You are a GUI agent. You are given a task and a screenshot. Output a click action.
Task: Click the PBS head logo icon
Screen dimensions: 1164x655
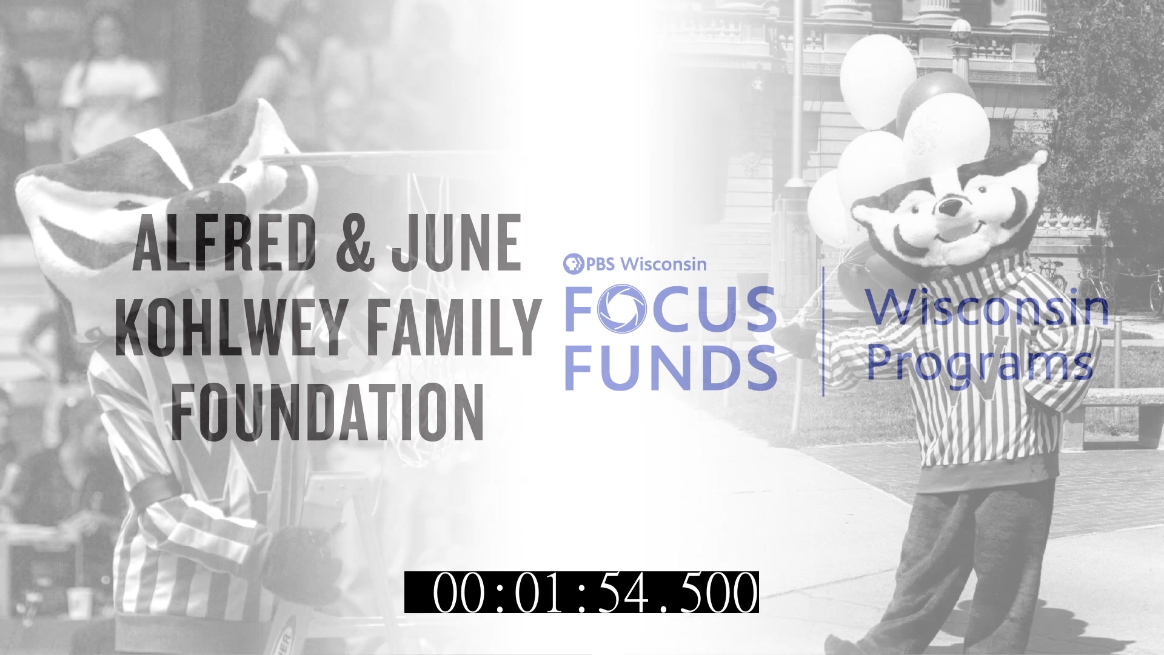click(x=574, y=263)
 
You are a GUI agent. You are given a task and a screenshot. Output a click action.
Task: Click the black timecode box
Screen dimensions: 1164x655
click(x=581, y=592)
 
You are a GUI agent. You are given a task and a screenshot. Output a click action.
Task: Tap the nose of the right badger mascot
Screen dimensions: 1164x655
click(x=949, y=207)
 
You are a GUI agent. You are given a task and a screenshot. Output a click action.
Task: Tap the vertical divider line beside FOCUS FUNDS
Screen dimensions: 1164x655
click(x=823, y=331)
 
